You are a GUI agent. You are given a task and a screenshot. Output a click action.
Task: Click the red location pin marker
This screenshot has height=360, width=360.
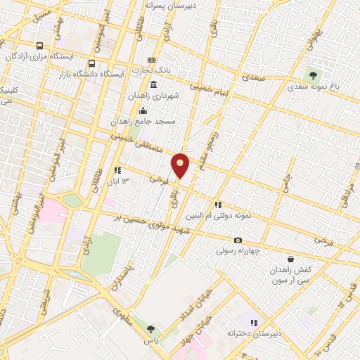181,165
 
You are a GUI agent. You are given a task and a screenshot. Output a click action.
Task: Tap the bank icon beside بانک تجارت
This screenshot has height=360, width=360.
151,61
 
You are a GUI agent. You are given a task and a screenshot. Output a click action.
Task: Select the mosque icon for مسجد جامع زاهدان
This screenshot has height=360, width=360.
143,110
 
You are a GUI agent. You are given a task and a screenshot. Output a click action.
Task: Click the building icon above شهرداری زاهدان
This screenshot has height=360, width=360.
153,84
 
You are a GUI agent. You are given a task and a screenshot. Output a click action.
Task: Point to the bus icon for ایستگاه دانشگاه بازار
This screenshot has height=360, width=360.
92,63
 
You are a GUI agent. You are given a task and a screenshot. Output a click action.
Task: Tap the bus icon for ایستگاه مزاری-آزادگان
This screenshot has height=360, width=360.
39,44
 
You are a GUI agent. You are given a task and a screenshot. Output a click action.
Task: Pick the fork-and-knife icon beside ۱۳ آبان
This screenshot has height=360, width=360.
117,170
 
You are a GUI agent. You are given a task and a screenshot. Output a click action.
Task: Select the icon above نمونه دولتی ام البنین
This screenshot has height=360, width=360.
219,205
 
